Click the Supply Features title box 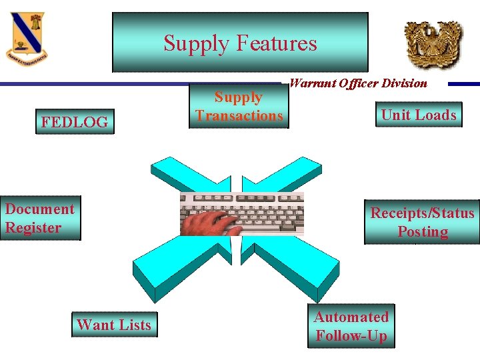click(x=240, y=42)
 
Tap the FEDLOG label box click(x=75, y=122)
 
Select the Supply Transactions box click(x=239, y=107)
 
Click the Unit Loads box click(x=419, y=115)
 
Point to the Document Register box click(x=40, y=218)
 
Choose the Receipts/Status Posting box click(x=422, y=222)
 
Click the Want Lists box click(x=114, y=325)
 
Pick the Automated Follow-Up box click(x=351, y=326)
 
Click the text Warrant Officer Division click(x=359, y=84)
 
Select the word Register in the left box click(x=33, y=227)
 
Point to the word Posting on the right click(x=423, y=232)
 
